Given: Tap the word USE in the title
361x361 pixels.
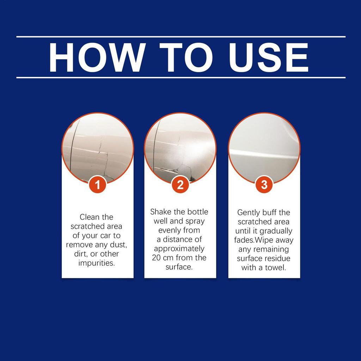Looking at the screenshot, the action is pyautogui.click(x=268, y=57).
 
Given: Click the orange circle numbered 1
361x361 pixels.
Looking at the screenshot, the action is pyautogui.click(x=97, y=185).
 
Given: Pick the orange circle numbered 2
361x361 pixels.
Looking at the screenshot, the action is pyautogui.click(x=180, y=185).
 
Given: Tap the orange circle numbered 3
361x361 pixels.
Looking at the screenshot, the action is pyautogui.click(x=264, y=185).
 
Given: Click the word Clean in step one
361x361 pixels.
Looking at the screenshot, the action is pyautogui.click(x=90, y=217).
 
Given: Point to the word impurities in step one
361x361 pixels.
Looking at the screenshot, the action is pyautogui.click(x=97, y=263).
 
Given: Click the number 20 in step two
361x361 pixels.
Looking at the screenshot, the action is pyautogui.click(x=156, y=258).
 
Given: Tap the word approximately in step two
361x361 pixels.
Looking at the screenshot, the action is pyautogui.click(x=179, y=249).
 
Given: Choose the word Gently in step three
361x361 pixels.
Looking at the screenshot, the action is pyautogui.click(x=249, y=213).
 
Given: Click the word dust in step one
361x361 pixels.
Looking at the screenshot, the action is pyautogui.click(x=119, y=245).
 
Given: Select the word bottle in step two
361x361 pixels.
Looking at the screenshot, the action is pyautogui.click(x=197, y=212).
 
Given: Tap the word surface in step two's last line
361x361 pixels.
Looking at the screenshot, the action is pyautogui.click(x=179, y=267).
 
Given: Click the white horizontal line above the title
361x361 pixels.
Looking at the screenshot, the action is pyautogui.click(x=181, y=37).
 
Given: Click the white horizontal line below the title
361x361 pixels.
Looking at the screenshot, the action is pyautogui.click(x=181, y=78).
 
